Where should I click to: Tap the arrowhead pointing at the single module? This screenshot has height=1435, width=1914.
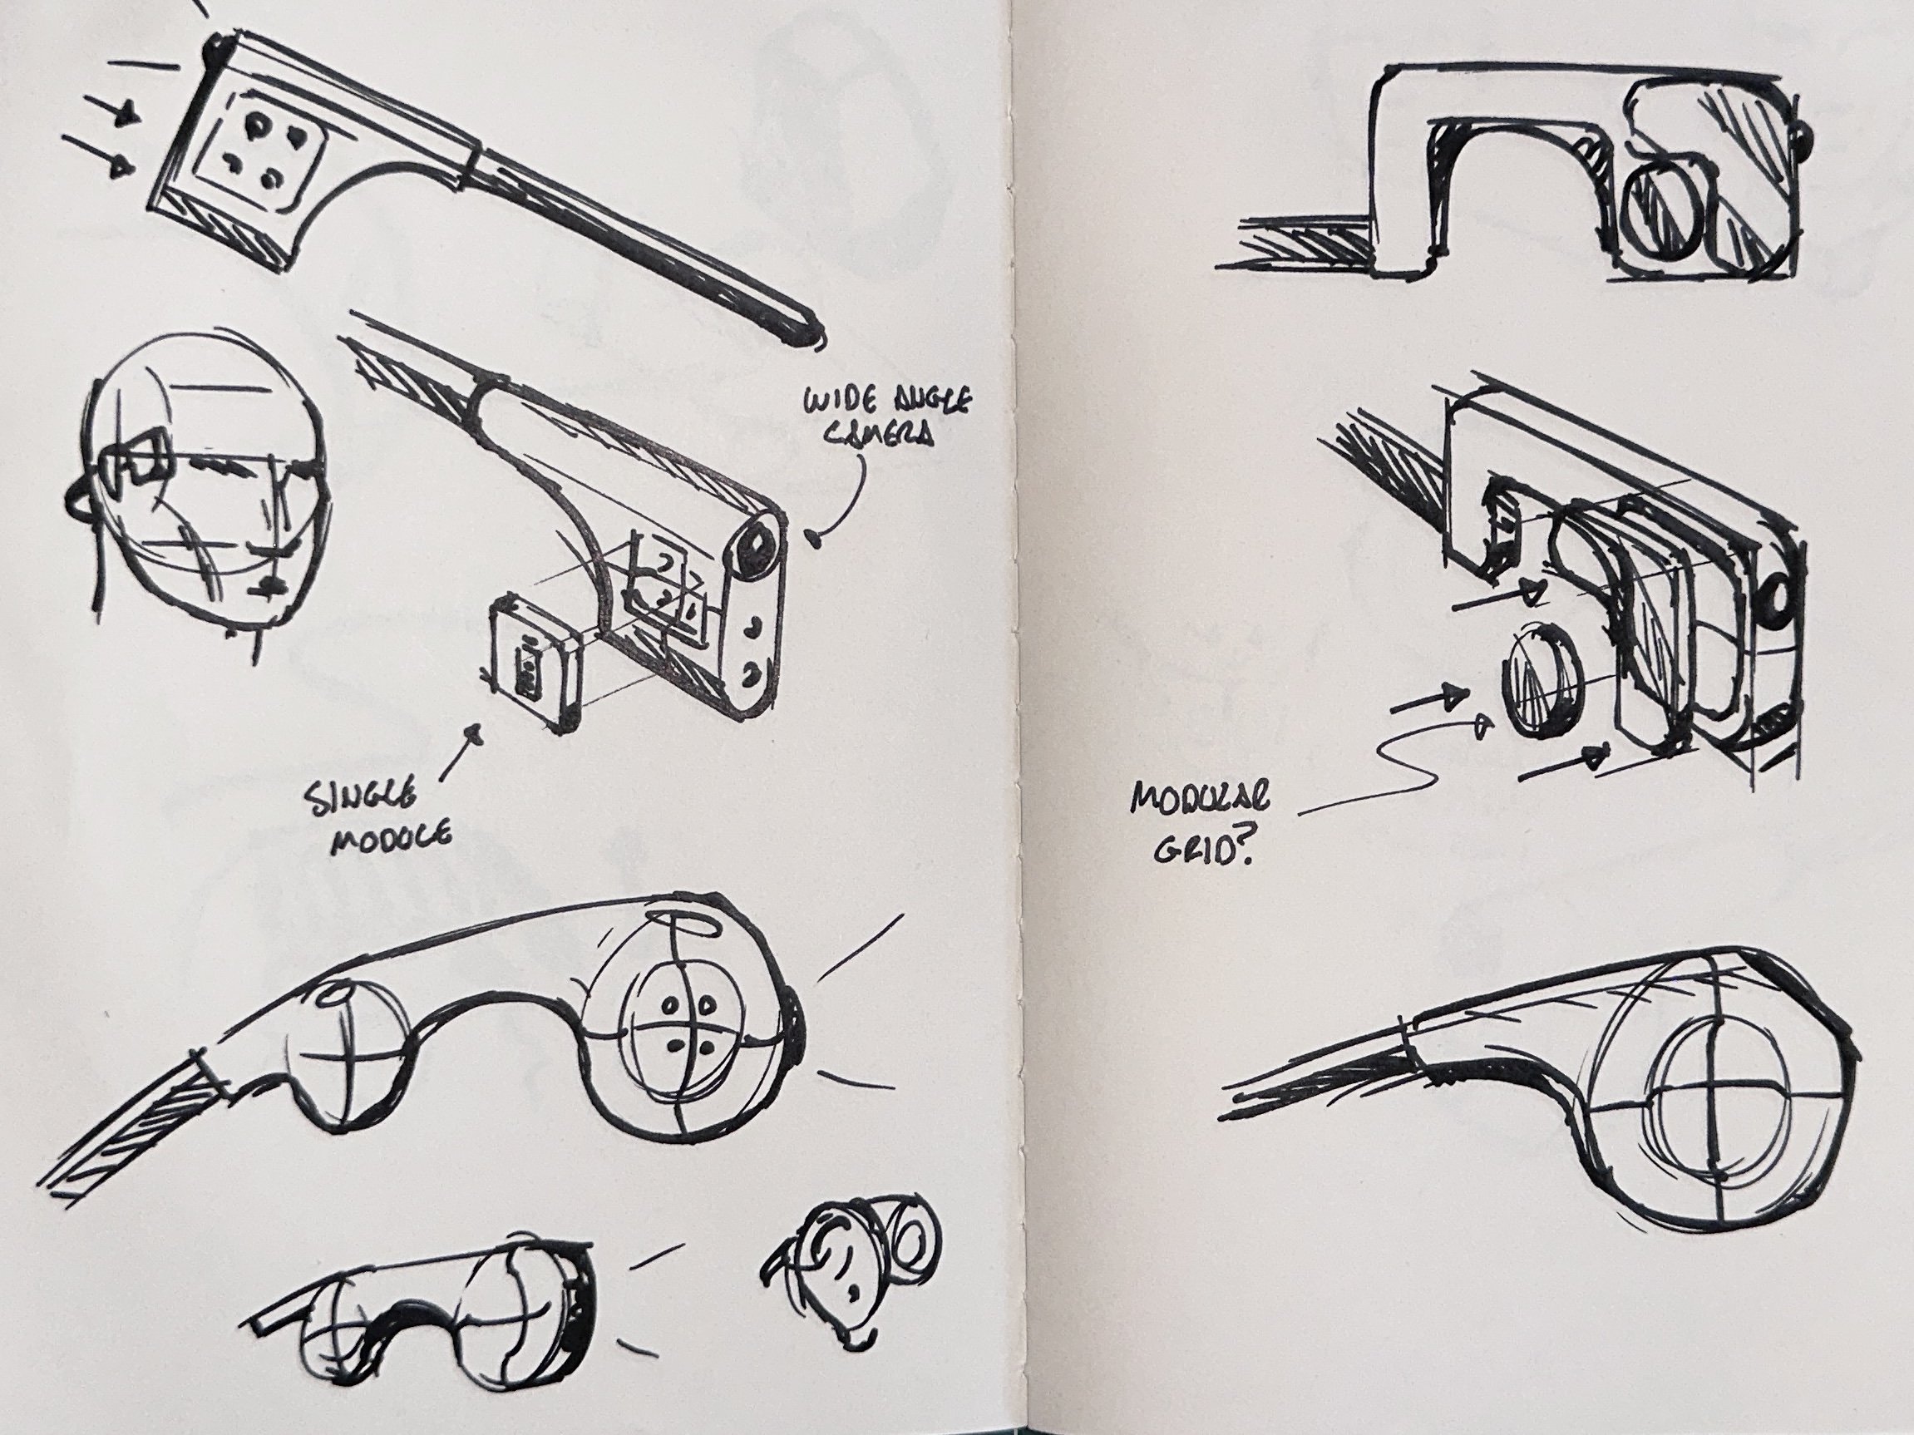[475, 736]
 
